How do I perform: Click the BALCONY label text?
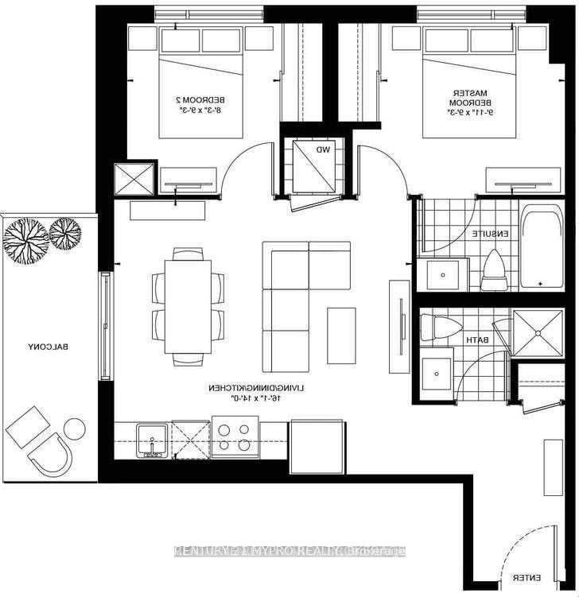49,347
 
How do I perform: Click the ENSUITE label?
488,235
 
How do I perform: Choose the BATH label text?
477,340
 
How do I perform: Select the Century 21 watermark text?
289,551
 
